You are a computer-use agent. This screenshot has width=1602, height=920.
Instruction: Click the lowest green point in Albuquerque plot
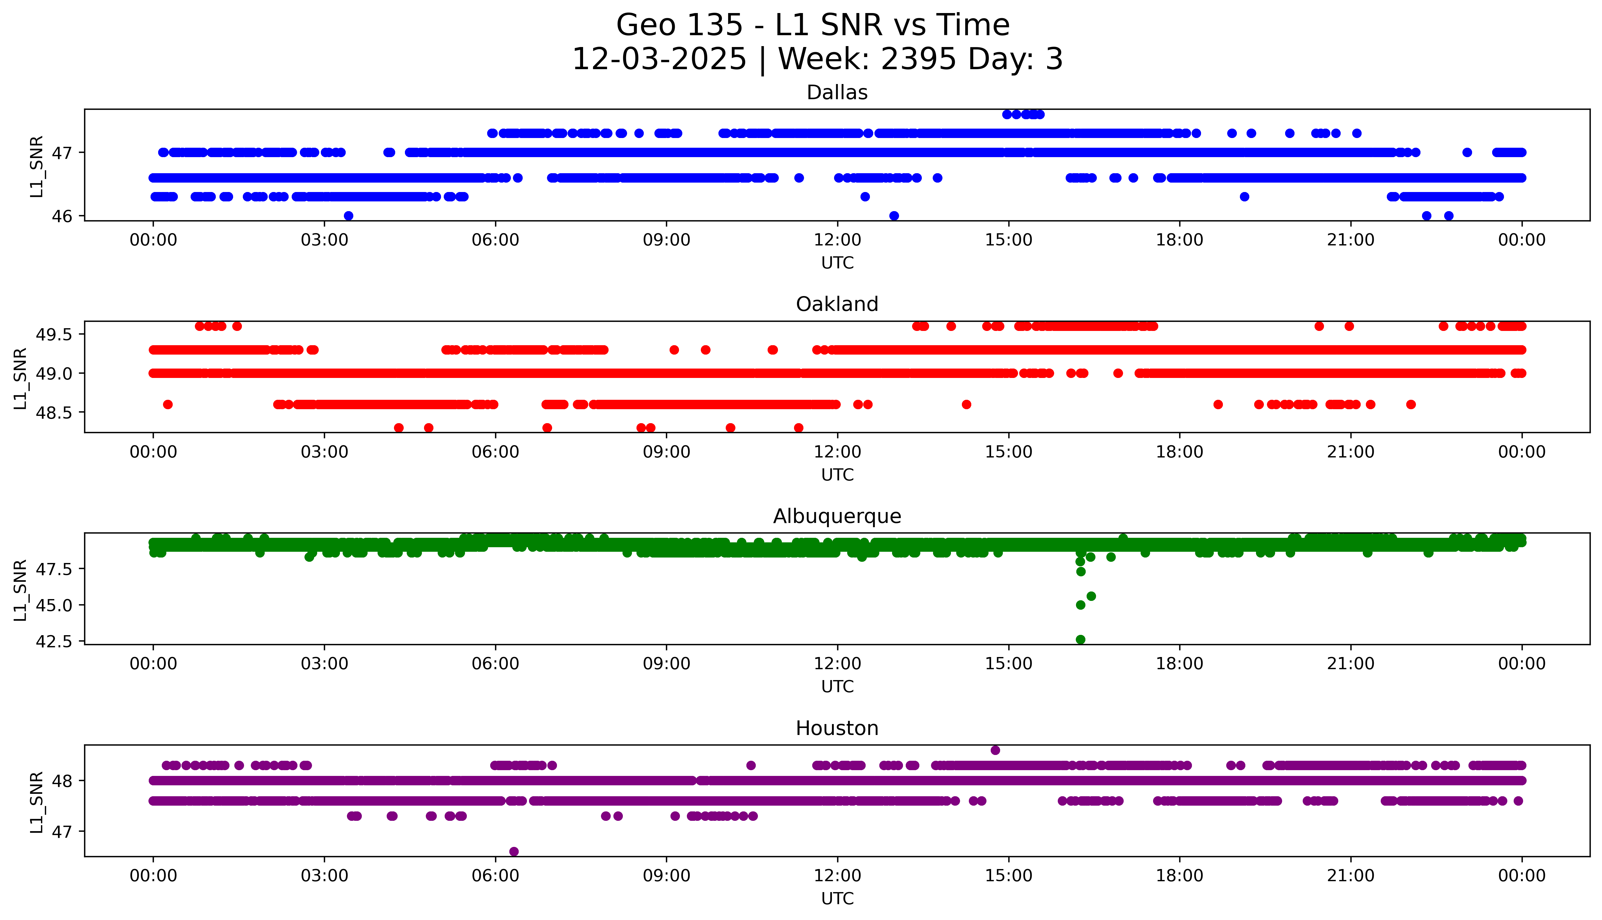click(1081, 639)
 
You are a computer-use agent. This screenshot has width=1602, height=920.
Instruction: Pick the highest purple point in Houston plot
click(995, 750)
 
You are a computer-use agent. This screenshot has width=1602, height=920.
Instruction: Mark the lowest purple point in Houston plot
click(514, 851)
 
